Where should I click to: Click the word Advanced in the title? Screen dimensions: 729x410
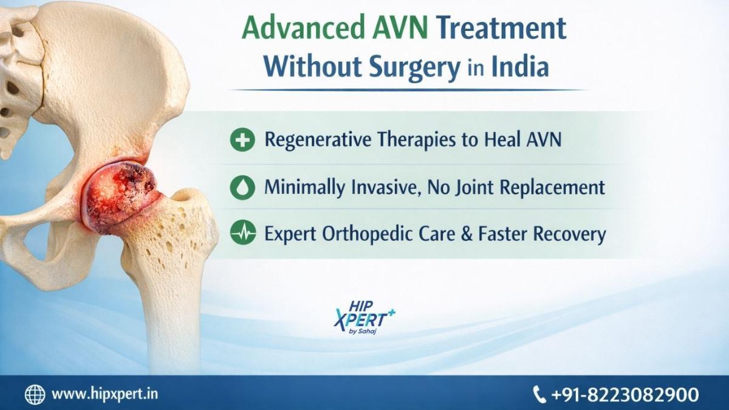coord(303,28)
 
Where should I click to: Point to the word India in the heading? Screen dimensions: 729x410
coord(520,66)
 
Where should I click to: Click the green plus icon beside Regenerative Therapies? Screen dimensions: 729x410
coord(242,140)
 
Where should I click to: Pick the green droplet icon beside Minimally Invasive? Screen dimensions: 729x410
coord(242,187)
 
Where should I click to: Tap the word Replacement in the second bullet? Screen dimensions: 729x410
coord(552,187)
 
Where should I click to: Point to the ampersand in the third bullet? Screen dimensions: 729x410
coord(467,234)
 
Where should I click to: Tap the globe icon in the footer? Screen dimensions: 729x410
coord(35,394)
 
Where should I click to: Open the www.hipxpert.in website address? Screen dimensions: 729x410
coord(104,394)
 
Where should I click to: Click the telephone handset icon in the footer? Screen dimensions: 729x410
coord(539,394)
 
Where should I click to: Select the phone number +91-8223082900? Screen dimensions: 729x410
coord(625,394)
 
